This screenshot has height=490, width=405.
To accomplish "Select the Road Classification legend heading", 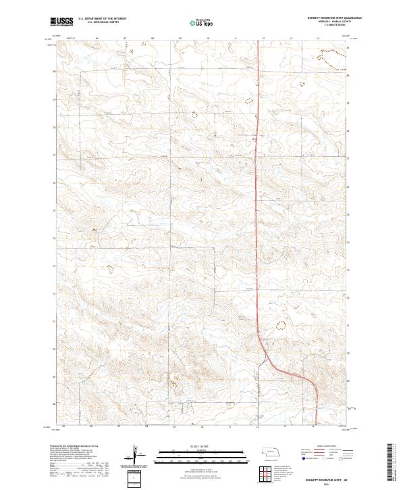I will click(329, 446).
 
